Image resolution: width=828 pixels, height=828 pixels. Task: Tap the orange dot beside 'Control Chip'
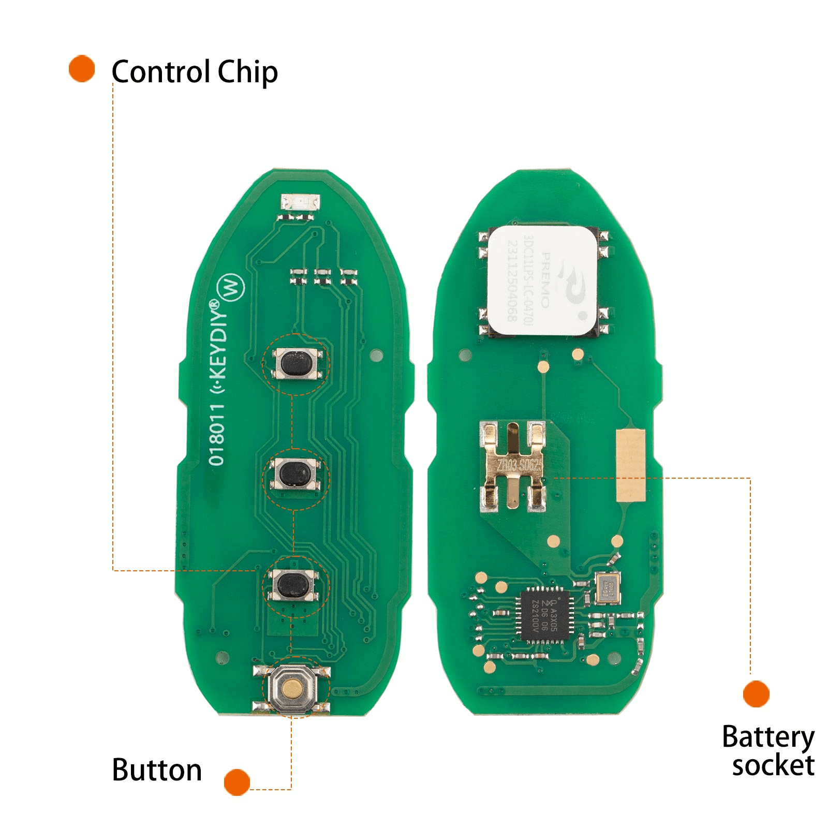pos(82,68)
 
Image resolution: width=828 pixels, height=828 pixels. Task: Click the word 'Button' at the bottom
pos(157,770)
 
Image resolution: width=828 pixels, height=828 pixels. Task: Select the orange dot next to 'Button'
pos(237,782)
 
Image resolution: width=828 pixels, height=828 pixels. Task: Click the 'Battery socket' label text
pos(768,751)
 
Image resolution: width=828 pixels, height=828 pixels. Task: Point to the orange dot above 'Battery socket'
pos(756,693)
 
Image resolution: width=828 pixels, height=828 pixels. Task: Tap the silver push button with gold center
pos(292,688)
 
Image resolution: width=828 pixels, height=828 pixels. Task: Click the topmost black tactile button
pos(295,363)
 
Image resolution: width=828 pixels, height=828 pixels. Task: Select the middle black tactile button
pos(295,474)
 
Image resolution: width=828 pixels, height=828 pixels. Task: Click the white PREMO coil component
pos(542,280)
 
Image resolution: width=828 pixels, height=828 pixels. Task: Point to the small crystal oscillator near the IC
pos(608,588)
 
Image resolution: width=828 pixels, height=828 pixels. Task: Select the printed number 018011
pos(217,435)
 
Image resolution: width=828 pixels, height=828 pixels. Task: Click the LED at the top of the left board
pos(300,202)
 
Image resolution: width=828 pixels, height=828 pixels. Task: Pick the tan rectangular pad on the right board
pos(631,465)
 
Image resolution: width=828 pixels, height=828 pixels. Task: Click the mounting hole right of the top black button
pos(377,356)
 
